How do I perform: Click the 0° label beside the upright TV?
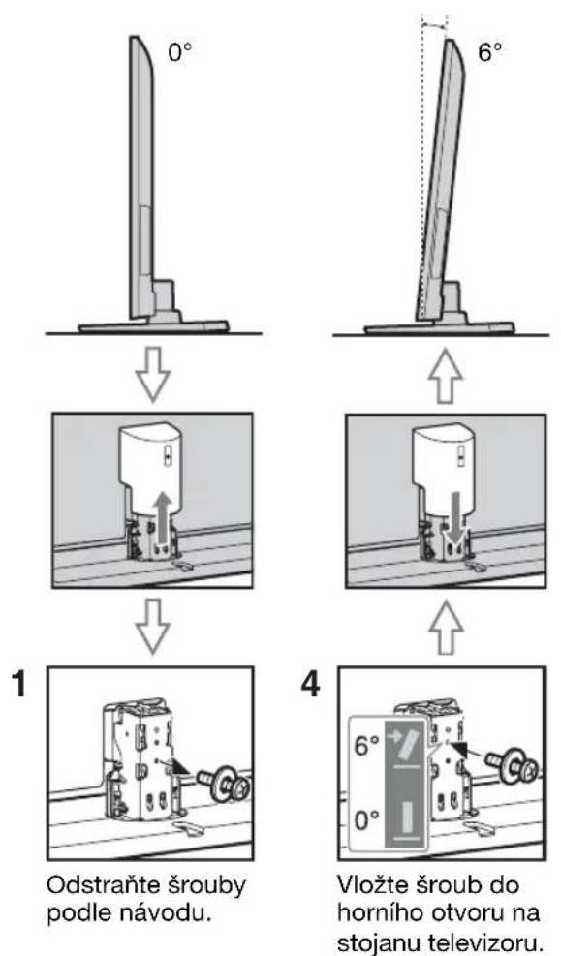[179, 52]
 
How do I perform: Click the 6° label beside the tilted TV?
[490, 52]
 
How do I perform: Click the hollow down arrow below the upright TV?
[155, 373]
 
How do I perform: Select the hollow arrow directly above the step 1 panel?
[155, 625]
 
